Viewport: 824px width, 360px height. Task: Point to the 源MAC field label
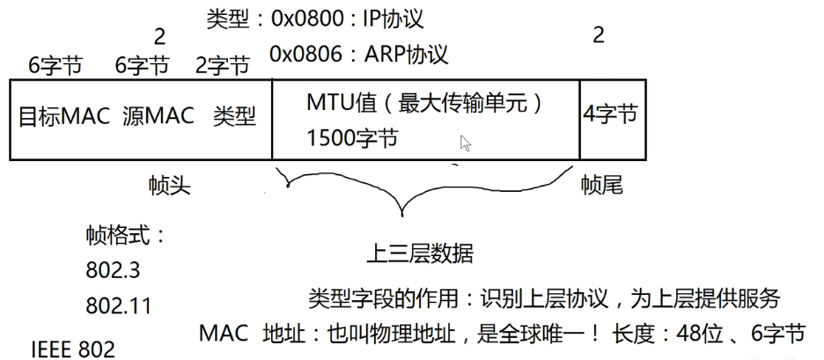click(158, 117)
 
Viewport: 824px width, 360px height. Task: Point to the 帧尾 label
click(602, 185)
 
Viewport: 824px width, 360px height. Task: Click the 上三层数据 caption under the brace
click(419, 254)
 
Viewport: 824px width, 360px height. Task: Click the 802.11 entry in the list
click(118, 305)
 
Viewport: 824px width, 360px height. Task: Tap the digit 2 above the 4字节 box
click(599, 38)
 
